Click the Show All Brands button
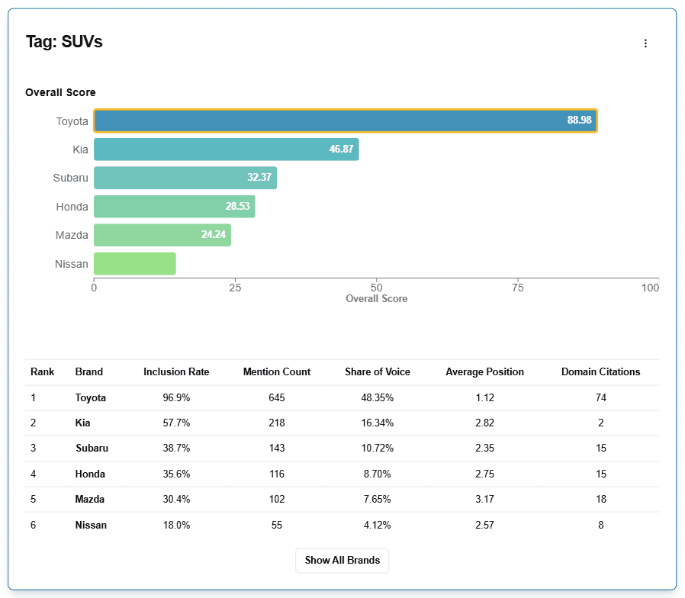click(342, 560)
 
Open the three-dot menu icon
click(645, 43)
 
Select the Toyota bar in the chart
click(345, 121)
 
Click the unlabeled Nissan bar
click(135, 264)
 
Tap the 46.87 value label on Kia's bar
click(341, 149)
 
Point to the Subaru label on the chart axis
click(71, 178)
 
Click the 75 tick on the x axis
click(518, 288)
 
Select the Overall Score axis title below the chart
click(376, 299)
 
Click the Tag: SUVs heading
click(64, 42)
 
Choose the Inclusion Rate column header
click(176, 372)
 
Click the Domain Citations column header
click(600, 372)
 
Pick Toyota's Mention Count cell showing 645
click(276, 398)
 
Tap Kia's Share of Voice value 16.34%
click(377, 423)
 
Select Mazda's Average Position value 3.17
click(484, 500)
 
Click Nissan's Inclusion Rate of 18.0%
click(176, 526)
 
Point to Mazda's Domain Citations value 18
click(600, 500)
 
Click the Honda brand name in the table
click(90, 474)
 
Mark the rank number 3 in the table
click(34, 448)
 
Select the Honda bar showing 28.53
click(174, 207)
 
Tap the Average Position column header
click(484, 372)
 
